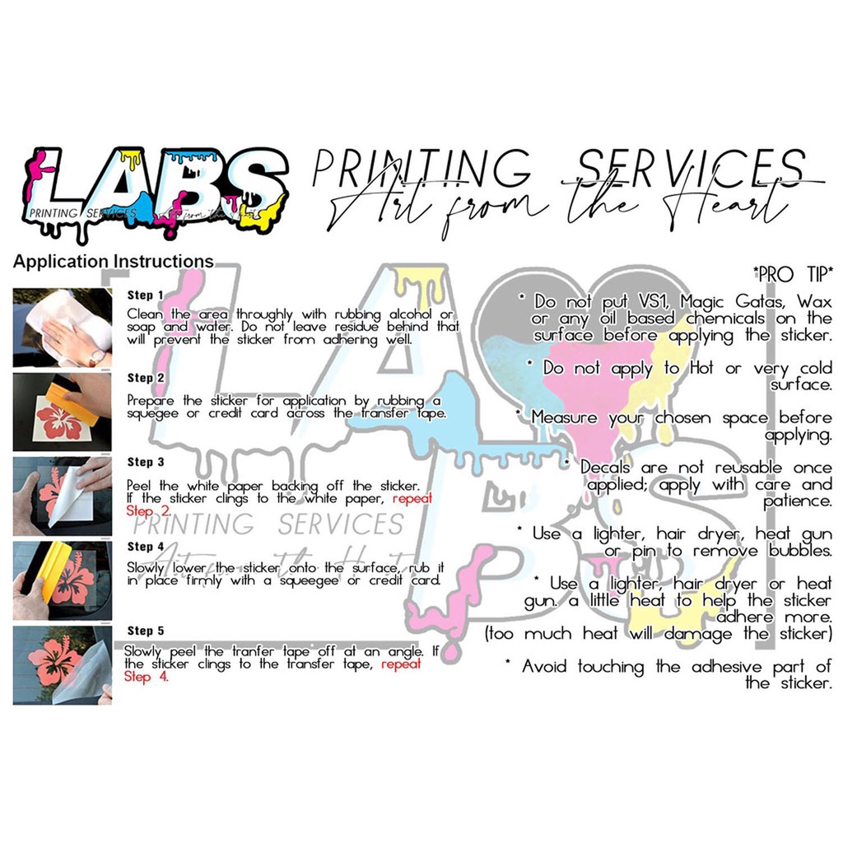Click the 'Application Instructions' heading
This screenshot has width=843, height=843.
tap(113, 263)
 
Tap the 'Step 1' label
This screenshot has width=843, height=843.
tap(146, 295)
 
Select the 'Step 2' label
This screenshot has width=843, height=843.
tap(146, 378)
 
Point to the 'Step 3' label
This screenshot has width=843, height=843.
tap(146, 463)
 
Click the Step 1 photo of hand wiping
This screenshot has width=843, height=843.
tap(63, 328)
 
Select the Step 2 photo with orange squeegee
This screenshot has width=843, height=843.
tap(63, 412)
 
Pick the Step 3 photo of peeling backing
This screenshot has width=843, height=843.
tap(63, 496)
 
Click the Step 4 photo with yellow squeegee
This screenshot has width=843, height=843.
tap(63, 581)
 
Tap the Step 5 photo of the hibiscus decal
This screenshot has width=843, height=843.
tap(63, 665)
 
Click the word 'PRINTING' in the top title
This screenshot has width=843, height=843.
tap(421, 169)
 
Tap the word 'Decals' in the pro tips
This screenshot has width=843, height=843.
tap(605, 468)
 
